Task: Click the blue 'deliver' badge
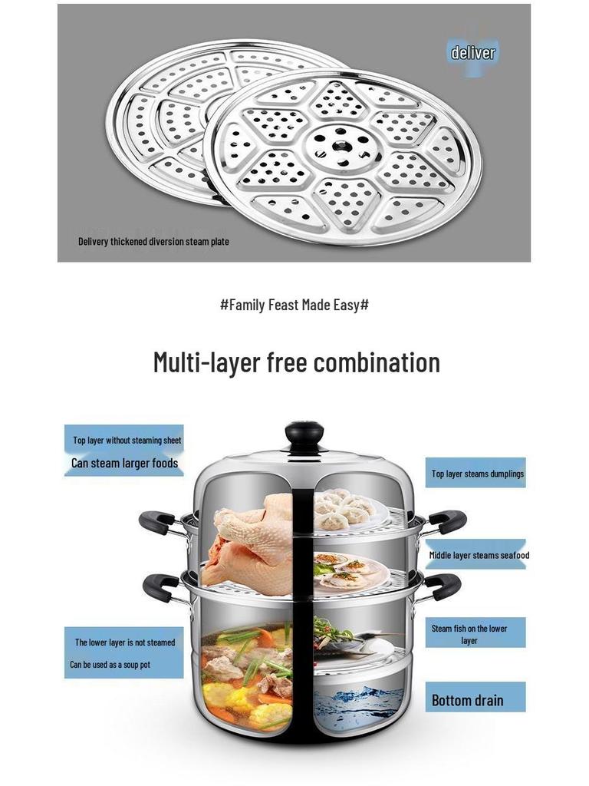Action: click(472, 53)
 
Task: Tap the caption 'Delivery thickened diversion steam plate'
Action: click(153, 242)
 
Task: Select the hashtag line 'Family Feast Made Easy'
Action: click(294, 305)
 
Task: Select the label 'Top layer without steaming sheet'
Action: click(127, 440)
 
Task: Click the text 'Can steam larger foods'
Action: click(125, 463)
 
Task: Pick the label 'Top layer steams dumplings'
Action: click(477, 474)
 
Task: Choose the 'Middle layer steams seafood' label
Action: click(479, 555)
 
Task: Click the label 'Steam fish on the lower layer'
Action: click(469, 634)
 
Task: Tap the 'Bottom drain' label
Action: click(467, 700)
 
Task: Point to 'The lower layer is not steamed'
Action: click(125, 642)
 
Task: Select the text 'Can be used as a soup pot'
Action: click(110, 665)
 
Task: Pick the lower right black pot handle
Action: click(442, 586)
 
